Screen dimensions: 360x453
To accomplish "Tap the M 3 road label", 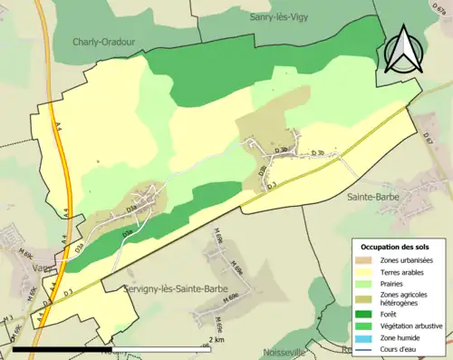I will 7,323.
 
